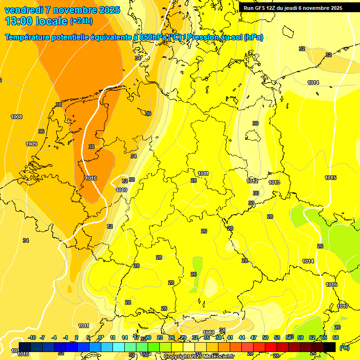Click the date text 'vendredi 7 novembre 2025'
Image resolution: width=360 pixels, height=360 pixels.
click(x=62, y=10)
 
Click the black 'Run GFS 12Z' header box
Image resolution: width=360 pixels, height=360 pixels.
click(x=292, y=8)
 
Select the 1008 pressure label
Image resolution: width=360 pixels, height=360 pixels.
click(x=16, y=117)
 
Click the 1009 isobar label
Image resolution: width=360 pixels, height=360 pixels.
click(x=31, y=144)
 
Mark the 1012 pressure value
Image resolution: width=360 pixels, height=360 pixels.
click(x=252, y=181)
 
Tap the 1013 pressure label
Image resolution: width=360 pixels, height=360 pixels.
click(x=275, y=182)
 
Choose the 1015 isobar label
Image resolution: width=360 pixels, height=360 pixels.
click(x=330, y=178)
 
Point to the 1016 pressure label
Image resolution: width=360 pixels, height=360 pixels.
click(x=331, y=285)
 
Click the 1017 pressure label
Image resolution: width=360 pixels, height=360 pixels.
click(x=343, y=306)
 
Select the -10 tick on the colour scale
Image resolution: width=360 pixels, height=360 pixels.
click(x=32, y=337)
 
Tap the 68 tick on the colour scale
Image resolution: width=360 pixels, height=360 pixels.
click(x=336, y=337)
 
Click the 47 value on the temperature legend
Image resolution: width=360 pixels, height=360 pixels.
click(x=254, y=337)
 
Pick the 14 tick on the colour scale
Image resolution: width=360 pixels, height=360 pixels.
click(x=125, y=337)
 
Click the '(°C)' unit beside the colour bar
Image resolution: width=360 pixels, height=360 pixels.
click(x=344, y=348)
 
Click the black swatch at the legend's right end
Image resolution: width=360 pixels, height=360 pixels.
click(x=330, y=347)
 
